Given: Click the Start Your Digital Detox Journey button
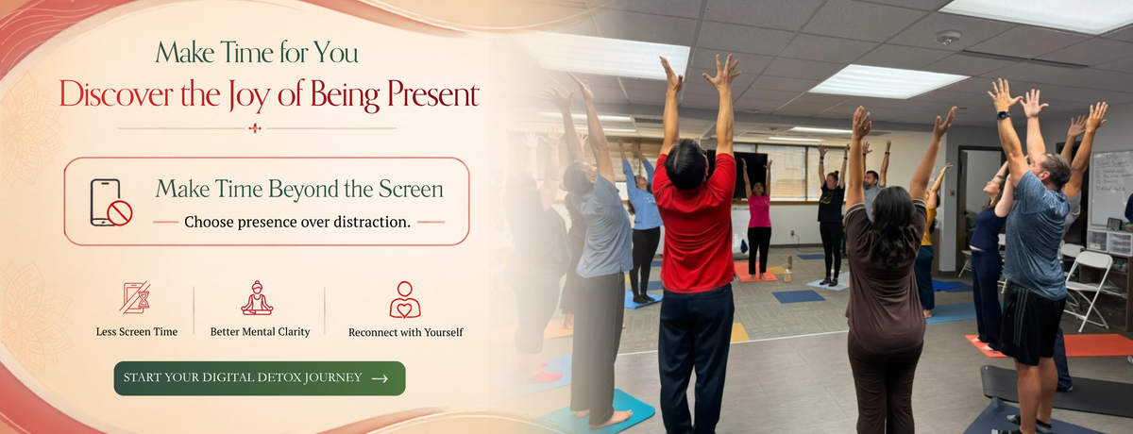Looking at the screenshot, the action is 260,378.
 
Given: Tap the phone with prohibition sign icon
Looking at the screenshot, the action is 110,203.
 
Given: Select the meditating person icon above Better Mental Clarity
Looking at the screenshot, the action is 257,298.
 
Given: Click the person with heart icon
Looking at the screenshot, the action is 405,300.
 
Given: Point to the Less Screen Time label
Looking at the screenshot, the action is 137,332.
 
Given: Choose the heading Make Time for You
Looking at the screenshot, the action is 257,53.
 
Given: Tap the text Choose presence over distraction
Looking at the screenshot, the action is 297,222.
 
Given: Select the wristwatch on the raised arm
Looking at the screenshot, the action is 1004,115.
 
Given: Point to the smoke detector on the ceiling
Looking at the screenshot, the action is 948,37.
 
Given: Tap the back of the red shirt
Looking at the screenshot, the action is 696,227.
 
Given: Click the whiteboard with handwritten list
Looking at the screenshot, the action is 1112,188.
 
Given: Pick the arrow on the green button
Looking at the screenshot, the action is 380,378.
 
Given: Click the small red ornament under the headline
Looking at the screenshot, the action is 255,128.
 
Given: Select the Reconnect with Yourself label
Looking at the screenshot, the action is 406,332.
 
